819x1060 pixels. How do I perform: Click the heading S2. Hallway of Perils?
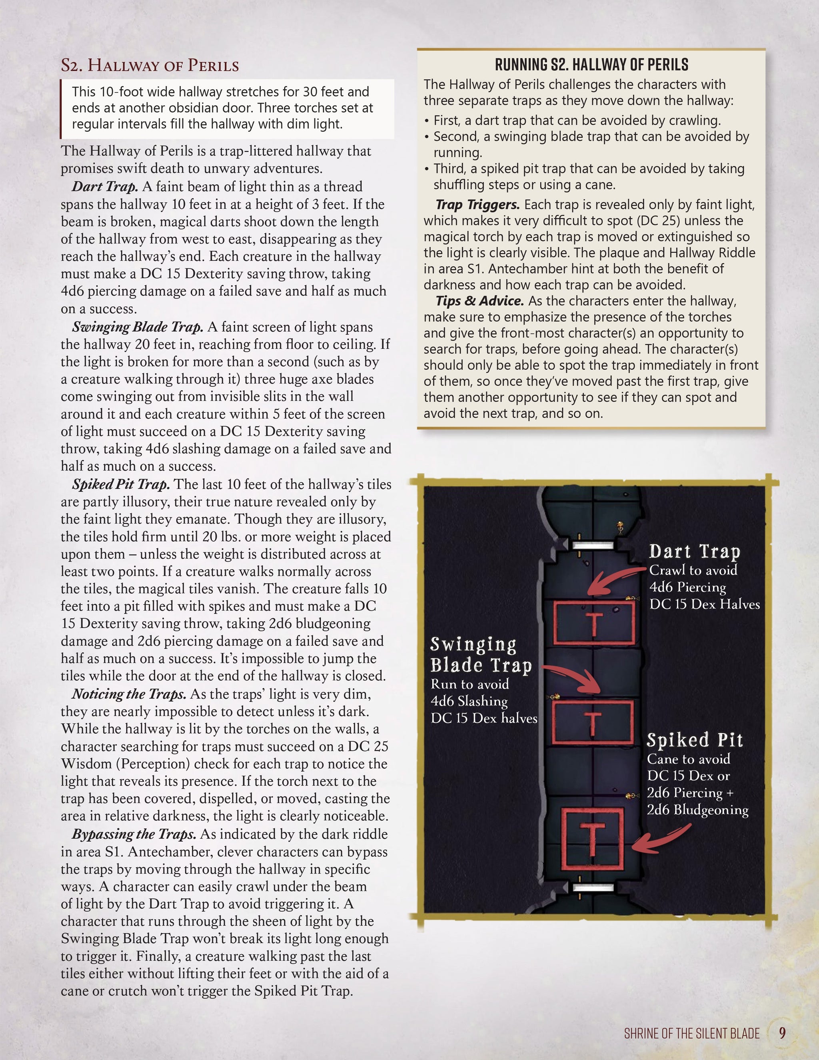click(150, 66)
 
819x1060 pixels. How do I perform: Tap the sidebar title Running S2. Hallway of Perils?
click(591, 64)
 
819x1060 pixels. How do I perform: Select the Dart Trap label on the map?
click(694, 552)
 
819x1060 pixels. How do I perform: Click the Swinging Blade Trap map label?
click(480, 655)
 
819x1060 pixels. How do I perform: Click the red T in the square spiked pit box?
click(592, 839)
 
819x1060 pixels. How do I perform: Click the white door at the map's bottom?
click(593, 888)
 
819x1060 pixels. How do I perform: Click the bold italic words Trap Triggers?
click(477, 205)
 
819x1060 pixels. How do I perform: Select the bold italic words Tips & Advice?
click(479, 301)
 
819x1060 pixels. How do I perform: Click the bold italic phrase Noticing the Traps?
click(129, 694)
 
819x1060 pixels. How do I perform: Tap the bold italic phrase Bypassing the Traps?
click(134, 834)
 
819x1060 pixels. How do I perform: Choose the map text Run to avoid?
click(469, 684)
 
